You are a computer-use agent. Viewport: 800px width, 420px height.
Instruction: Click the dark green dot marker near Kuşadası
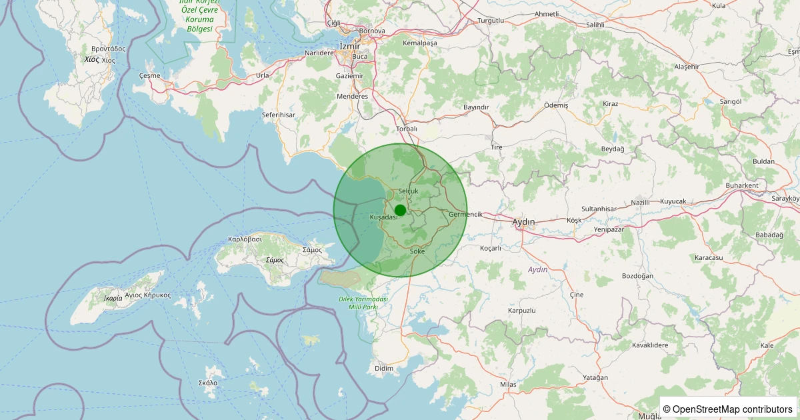400,211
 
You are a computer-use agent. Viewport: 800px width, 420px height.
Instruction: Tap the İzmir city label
349,45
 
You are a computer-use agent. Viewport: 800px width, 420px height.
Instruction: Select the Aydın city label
523,221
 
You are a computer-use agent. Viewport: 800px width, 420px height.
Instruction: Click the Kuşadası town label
383,217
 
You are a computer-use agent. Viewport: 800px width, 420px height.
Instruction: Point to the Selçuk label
407,191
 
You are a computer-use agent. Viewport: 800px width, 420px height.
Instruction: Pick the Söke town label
418,251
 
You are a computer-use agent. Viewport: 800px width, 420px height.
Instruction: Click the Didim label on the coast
385,369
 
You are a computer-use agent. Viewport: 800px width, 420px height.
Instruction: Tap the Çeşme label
150,76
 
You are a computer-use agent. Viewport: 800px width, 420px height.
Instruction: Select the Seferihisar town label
278,115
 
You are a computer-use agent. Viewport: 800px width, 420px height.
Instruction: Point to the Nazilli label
640,202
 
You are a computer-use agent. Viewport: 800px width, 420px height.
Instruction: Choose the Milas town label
508,385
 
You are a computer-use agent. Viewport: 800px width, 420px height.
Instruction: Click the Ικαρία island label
113,298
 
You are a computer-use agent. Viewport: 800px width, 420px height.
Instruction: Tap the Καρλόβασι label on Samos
245,239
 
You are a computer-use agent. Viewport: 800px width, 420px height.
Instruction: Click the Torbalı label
406,129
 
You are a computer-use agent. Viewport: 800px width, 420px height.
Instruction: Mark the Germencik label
466,214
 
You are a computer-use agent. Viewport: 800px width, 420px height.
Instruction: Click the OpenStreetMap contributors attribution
729,409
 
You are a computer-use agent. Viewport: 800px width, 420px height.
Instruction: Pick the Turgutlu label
491,21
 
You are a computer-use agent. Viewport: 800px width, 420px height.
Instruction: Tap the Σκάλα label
208,383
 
